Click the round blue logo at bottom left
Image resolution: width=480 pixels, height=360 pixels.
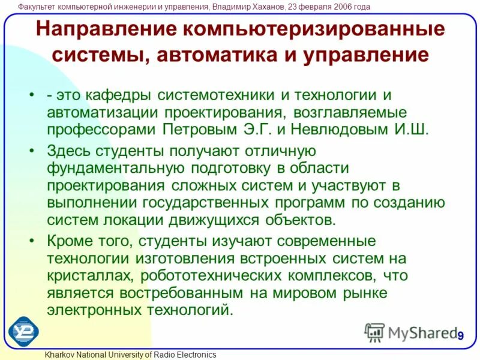[x=24, y=331]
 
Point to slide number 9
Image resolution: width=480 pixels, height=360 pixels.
[x=461, y=335]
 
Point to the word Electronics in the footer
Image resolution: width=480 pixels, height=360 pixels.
[x=194, y=355]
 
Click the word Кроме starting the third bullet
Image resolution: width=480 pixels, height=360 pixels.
[x=68, y=241]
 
